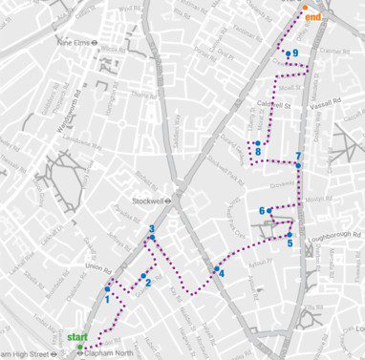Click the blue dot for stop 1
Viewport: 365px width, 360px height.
108,288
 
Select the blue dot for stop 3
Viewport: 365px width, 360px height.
152,238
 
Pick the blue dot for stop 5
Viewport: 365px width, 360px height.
290,235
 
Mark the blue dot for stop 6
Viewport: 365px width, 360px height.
270,211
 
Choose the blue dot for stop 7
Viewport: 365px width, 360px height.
298,165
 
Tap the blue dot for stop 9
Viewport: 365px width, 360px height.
288,53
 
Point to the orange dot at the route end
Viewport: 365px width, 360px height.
305,8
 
